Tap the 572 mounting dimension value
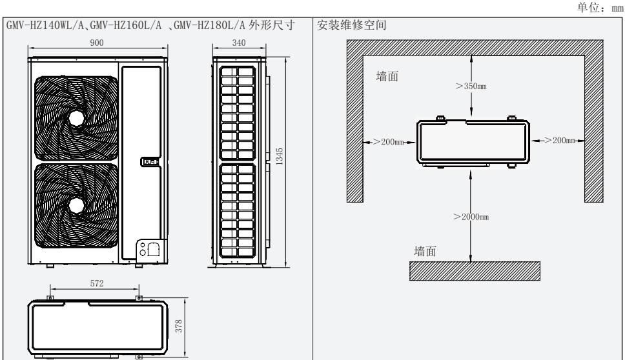coord(94,282)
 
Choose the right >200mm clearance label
coord(557,141)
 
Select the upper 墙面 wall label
coord(387,77)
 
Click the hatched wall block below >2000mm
coord(475,271)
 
